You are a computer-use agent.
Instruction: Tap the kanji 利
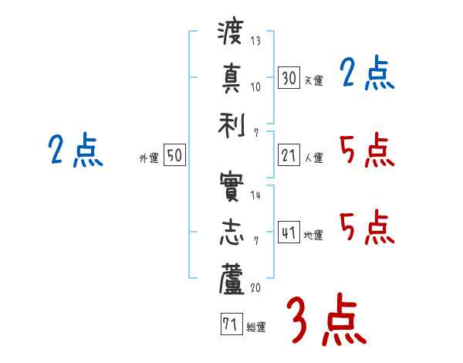pyautogui.click(x=231, y=123)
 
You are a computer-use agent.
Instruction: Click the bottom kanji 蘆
pyautogui.click(x=231, y=278)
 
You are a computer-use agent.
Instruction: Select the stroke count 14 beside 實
pyautogui.click(x=255, y=195)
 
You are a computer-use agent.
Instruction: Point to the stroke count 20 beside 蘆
pyautogui.click(x=256, y=287)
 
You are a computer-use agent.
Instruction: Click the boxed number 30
pyautogui.click(x=289, y=78)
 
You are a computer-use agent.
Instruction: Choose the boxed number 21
pyautogui.click(x=289, y=156)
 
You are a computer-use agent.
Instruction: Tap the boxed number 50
pyautogui.click(x=174, y=156)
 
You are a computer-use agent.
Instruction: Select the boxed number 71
pyautogui.click(x=231, y=324)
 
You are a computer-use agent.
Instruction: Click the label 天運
pyautogui.click(x=313, y=80)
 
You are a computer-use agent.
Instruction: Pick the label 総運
pyautogui.click(x=256, y=327)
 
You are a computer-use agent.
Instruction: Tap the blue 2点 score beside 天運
pyautogui.click(x=367, y=76)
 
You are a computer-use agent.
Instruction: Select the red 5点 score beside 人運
pyautogui.click(x=367, y=151)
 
